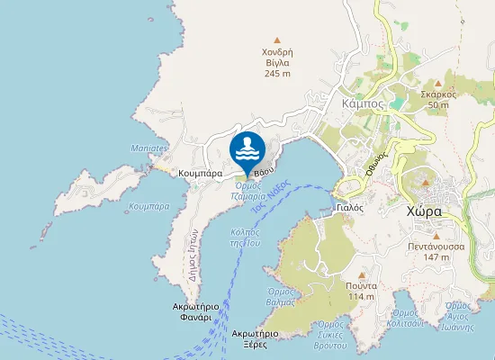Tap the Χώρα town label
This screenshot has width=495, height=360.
(x=423, y=211)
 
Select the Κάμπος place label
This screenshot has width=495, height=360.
(x=364, y=103)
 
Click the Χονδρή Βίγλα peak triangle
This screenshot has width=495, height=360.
(x=277, y=40)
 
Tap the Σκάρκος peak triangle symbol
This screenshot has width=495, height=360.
(x=438, y=82)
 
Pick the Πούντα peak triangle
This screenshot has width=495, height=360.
(x=361, y=274)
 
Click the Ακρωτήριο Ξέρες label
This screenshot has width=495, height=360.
(x=253, y=338)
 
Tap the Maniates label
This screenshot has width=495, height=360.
(x=150, y=148)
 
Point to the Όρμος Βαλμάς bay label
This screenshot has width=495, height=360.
(x=283, y=296)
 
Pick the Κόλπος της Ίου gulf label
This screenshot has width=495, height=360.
(x=245, y=237)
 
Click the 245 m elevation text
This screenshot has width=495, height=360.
(x=277, y=74)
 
